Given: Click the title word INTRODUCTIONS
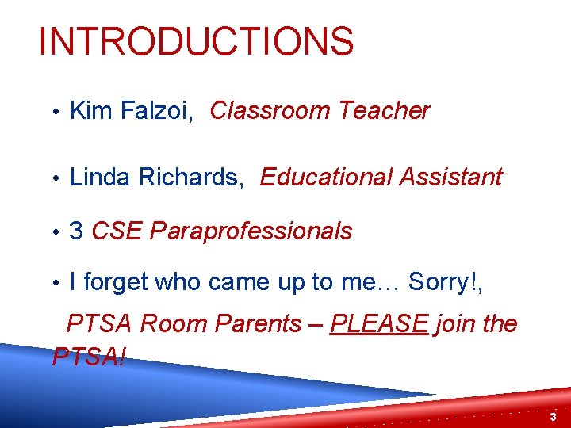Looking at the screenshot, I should [196, 41].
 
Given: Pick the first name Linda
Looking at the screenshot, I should [102, 178].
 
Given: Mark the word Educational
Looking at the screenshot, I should [326, 178].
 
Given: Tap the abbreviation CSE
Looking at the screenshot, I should [117, 231].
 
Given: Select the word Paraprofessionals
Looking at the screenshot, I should [251, 232].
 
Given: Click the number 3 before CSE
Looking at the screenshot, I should [77, 231].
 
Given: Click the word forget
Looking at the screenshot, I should [116, 281].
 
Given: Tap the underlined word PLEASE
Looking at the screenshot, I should [379, 324].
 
